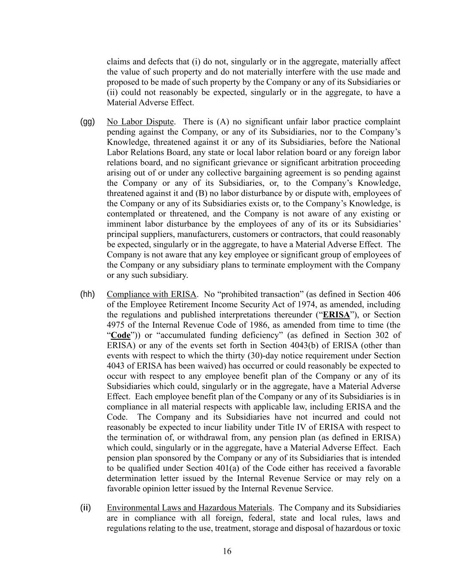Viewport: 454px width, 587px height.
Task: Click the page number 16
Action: point(227,551)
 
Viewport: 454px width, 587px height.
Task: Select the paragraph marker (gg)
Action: point(87,122)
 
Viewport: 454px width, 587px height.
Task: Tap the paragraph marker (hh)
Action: point(87,294)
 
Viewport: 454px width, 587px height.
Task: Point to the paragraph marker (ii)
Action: point(85,507)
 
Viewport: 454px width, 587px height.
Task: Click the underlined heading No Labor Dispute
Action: point(140,122)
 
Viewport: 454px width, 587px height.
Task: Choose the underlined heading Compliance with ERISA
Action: point(151,294)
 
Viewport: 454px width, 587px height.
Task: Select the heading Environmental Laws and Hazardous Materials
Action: point(189,508)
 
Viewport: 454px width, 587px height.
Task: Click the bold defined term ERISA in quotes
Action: point(336,315)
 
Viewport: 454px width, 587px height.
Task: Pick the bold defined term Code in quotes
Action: point(120,335)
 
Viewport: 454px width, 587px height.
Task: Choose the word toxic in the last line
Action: point(392,528)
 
